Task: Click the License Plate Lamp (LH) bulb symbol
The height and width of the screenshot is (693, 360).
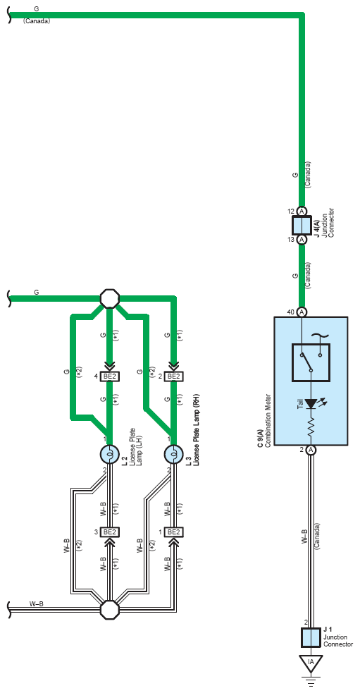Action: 109,454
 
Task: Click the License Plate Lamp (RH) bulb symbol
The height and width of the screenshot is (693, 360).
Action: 173,454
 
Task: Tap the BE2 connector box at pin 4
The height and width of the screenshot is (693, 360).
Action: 109,376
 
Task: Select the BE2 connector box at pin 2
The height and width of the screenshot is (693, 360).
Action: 173,376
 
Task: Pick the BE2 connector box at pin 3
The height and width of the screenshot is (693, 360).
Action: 109,532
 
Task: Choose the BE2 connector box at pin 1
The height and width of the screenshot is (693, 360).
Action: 173,532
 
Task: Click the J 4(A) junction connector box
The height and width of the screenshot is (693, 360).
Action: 302,226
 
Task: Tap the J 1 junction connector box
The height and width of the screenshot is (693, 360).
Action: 311,638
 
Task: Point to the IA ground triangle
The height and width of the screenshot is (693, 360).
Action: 311,663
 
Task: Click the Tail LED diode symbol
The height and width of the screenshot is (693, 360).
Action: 311,403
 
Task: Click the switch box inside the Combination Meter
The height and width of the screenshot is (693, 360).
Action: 311,362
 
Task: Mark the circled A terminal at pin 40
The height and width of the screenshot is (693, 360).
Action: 302,312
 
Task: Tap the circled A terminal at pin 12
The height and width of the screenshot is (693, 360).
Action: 302,211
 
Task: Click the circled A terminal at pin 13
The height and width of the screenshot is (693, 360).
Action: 302,240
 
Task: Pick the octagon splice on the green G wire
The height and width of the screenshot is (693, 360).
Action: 109,299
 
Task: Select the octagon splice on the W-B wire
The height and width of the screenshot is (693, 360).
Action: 109,610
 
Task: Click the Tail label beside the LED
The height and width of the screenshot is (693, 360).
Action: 300,404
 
